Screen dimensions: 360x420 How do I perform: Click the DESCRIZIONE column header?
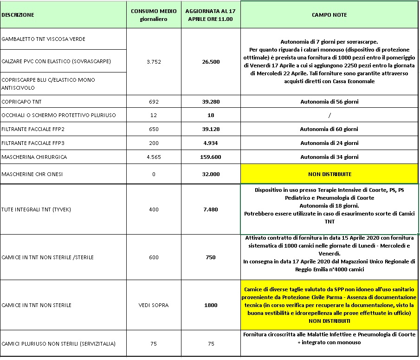pyautogui.click(x=18, y=15)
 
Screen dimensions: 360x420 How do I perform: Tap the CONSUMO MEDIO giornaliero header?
pyautogui.click(x=153, y=15)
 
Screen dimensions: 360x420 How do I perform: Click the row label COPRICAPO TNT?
pyautogui.click(x=21, y=101)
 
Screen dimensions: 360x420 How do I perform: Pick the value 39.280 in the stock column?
pyautogui.click(x=210, y=101)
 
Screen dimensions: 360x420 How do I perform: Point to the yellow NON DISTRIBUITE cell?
pyautogui.click(x=330, y=174)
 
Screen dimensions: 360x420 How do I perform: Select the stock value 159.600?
pyautogui.click(x=210, y=157)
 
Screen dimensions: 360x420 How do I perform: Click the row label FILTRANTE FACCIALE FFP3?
pyautogui.click(x=35, y=143)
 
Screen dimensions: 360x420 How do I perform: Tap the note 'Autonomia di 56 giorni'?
pyautogui.click(x=330, y=101)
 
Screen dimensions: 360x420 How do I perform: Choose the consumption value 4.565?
pyautogui.click(x=153, y=157)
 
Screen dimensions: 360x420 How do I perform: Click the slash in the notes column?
pyautogui.click(x=330, y=115)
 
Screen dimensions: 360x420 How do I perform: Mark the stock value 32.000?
pyautogui.click(x=210, y=174)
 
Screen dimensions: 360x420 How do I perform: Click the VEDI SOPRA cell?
pyautogui.click(x=153, y=305)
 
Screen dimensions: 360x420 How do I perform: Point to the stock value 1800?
pyautogui.click(x=210, y=305)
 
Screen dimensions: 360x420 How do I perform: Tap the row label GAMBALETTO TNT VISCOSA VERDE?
pyautogui.click(x=43, y=39)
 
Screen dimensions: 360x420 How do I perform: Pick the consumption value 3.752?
pyautogui.click(x=153, y=62)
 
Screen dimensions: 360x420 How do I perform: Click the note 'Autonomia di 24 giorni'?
pyautogui.click(x=330, y=143)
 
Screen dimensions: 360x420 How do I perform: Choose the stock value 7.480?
pyautogui.click(x=210, y=209)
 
